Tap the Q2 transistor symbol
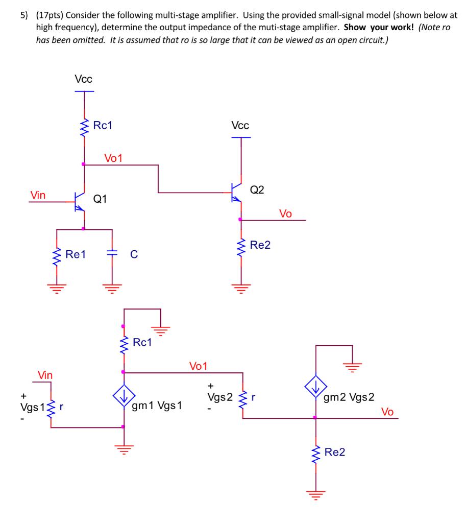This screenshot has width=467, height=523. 236,193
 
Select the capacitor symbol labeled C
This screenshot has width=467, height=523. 112,253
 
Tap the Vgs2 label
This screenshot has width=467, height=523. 220,397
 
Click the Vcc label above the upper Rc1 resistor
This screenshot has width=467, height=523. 84,79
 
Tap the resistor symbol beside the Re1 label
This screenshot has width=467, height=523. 57,254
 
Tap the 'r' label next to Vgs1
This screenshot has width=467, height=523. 61,408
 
